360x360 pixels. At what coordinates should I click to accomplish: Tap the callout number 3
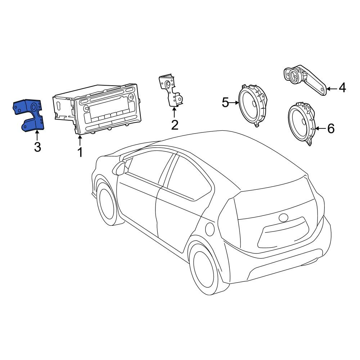(38, 147)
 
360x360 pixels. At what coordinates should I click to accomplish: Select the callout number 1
(80, 152)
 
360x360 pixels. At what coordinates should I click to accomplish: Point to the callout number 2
(175, 125)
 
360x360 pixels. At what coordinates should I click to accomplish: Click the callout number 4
(342, 88)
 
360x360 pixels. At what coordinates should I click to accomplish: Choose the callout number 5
(225, 102)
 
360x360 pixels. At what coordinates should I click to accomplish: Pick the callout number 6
(330, 129)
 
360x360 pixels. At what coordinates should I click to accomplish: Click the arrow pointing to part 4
(332, 89)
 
